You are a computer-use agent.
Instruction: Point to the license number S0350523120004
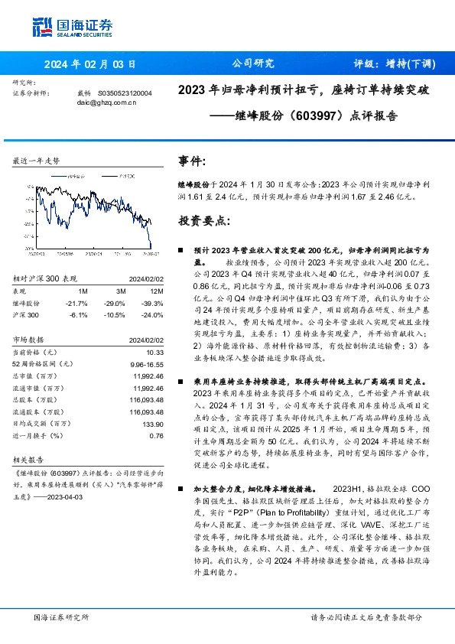click(x=125, y=93)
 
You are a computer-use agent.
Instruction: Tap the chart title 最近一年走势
click(x=37, y=161)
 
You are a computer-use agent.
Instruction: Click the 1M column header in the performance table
click(x=83, y=291)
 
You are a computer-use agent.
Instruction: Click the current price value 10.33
click(x=154, y=350)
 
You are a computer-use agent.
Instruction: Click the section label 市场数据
click(x=28, y=339)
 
